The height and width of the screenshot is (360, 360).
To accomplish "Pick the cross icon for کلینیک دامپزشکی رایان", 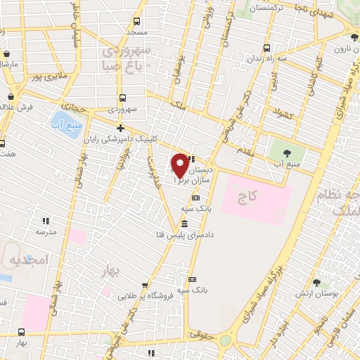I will click(121, 128).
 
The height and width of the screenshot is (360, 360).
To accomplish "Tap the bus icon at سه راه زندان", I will click(266, 48).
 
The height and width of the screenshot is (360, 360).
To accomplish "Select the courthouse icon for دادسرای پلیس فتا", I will click(184, 224).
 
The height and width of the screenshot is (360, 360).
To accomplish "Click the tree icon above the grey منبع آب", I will click(286, 152).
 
